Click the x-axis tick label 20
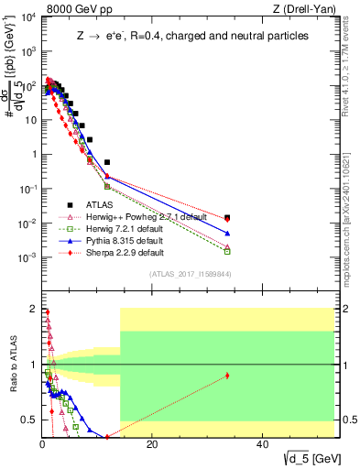coord(152,445)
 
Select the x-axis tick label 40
coord(262,445)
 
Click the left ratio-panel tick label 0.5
coord(30,420)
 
